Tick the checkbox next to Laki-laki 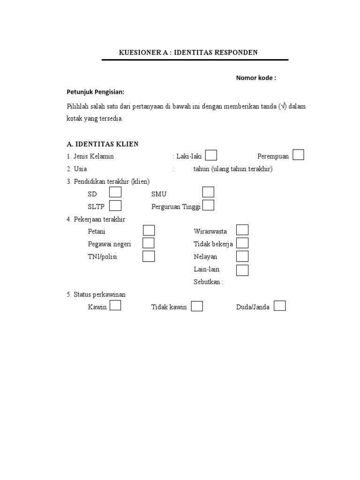pos(211,155)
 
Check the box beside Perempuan pos(298,155)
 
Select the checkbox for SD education pos(115,192)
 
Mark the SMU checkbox pos(208,192)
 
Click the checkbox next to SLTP pos(115,205)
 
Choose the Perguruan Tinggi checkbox pos(208,205)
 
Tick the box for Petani pos(149,230)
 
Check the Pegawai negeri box pos(149,243)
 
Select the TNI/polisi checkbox pos(149,256)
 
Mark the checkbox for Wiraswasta pos(242,230)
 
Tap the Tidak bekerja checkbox pos(242,243)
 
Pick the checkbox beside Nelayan pos(242,256)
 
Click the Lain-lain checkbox pos(242,270)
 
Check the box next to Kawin pos(115,306)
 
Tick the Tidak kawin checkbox pos(197,306)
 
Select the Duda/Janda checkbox pos(279,306)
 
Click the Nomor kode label pos(255,78)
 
